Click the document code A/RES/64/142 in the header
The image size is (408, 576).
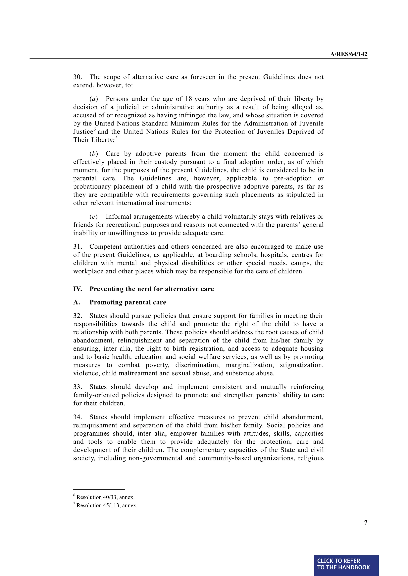click(x=348, y=54)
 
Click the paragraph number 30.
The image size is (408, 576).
click(x=77, y=77)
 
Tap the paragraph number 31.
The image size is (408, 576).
click(x=77, y=247)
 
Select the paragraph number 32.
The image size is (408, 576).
click(x=77, y=316)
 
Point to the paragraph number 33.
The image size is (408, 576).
click(x=77, y=387)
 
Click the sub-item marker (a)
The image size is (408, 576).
click(x=94, y=99)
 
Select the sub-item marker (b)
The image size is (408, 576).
click(x=94, y=154)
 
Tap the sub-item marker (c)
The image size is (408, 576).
click(x=94, y=217)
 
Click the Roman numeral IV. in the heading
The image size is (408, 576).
click(x=78, y=289)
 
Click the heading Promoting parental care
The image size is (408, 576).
click(x=128, y=302)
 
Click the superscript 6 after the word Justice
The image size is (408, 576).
click(x=95, y=129)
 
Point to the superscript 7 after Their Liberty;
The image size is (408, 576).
click(x=116, y=137)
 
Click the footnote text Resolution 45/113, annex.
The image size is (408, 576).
click(x=107, y=506)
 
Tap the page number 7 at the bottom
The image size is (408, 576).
click(x=366, y=522)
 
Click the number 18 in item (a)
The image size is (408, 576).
click(x=188, y=99)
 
